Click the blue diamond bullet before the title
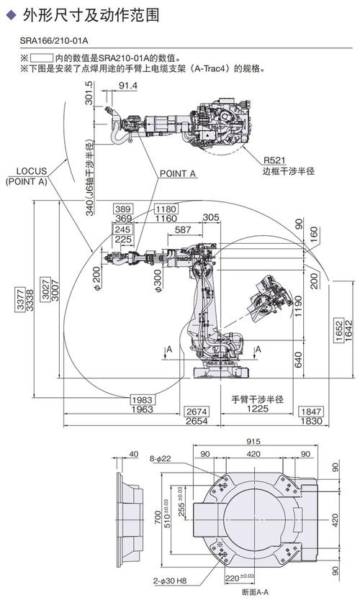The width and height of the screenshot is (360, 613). (9, 13)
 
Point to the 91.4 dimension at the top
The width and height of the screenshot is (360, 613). (127, 86)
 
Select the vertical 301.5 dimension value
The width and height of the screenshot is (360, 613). (89, 94)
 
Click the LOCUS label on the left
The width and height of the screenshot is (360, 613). (32, 171)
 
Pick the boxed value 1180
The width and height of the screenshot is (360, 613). (165, 208)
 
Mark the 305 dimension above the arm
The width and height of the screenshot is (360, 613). (211, 217)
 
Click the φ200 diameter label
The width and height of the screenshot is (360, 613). (96, 276)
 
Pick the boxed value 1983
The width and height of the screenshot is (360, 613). (143, 399)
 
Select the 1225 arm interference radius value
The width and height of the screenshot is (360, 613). (253, 409)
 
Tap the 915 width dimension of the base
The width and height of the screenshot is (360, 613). (252, 440)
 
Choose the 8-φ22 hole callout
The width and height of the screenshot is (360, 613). (160, 458)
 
